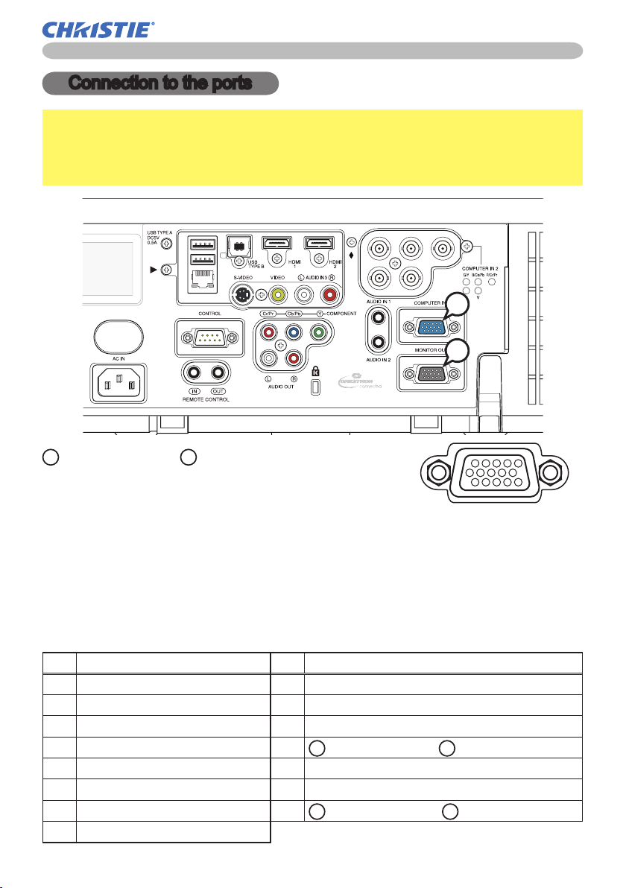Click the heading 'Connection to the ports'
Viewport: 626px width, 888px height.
coord(160,83)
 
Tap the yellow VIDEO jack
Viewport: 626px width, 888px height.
coord(278,294)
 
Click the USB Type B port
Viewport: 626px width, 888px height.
coord(238,245)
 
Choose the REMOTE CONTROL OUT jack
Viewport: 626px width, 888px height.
coord(218,372)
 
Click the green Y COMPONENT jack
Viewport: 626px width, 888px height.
coord(319,332)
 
